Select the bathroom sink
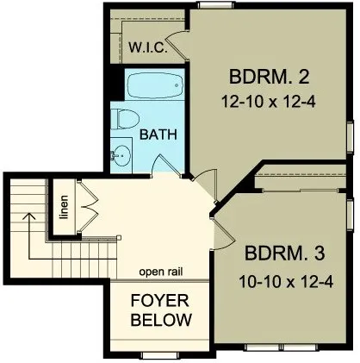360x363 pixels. click(121, 156)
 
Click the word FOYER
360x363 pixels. click(160, 301)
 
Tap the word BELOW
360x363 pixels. click(160, 320)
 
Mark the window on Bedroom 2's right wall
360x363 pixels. click(351, 135)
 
